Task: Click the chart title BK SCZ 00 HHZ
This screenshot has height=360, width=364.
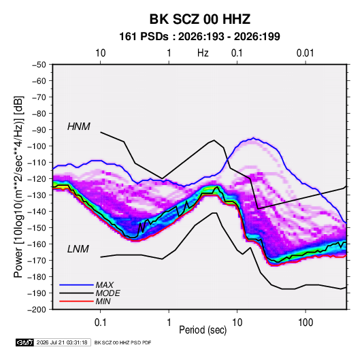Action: (199, 19)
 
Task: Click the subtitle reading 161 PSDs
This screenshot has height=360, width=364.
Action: (144, 37)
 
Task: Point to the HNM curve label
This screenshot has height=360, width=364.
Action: (79, 127)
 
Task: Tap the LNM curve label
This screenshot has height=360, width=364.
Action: (78, 249)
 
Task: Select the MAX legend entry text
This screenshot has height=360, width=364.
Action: (105, 285)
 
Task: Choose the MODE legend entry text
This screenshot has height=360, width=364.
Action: (108, 293)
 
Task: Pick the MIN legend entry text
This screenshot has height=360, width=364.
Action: (103, 301)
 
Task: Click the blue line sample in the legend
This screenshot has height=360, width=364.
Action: (76, 284)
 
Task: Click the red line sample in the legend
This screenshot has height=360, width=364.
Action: (76, 301)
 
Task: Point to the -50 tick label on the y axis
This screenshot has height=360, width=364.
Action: (39, 65)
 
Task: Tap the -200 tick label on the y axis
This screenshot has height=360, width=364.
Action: (37, 310)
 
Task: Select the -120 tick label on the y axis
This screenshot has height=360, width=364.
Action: (37, 179)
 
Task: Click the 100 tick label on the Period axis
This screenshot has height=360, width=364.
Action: (305, 323)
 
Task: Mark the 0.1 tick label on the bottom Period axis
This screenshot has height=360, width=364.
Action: (100, 323)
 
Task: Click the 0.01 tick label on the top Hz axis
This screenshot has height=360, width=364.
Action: (305, 53)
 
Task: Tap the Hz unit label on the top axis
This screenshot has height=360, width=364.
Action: (203, 53)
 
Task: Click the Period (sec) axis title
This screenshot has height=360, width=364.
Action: (203, 330)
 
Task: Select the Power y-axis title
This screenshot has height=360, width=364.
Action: (18, 186)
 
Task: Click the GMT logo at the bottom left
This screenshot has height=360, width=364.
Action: (24, 342)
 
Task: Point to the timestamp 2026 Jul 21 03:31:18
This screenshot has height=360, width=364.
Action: (62, 342)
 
